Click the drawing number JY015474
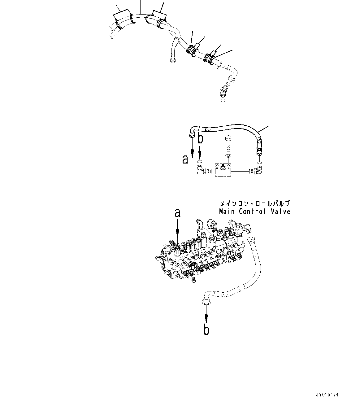[327, 395]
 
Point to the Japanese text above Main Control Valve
[254, 204]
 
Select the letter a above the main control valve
[177, 213]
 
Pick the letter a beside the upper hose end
[185, 159]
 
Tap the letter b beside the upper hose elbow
[201, 138]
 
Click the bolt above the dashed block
[229, 143]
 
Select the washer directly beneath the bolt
[228, 155]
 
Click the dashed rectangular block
[223, 170]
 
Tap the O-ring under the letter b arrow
[200, 161]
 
